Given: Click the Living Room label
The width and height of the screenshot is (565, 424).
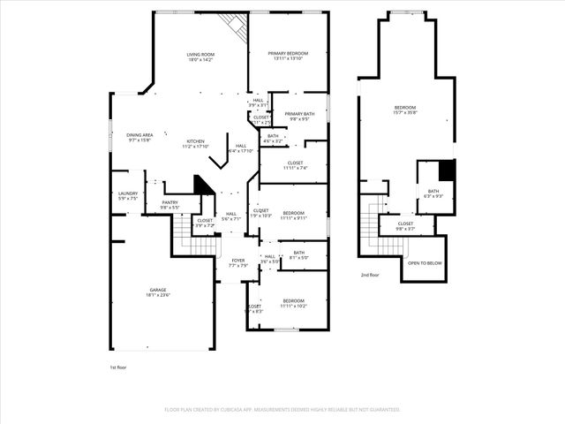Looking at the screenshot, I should click(x=200, y=57).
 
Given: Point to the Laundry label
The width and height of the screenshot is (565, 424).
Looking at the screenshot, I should click(x=128, y=195).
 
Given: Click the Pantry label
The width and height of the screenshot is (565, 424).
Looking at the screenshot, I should click(x=169, y=205).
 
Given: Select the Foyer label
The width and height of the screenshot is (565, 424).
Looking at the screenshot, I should click(x=237, y=262).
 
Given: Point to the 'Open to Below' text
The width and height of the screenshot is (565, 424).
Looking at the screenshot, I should click(x=425, y=263).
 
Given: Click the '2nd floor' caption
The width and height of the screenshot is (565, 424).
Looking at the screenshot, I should click(x=370, y=276).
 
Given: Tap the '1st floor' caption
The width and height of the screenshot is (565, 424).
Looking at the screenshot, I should click(x=118, y=367).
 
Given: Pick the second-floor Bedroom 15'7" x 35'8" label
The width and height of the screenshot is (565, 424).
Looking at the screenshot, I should click(x=405, y=110).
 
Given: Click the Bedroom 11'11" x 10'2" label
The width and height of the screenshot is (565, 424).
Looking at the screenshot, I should click(x=293, y=303).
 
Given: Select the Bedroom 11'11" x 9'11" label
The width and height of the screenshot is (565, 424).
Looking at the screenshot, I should click(x=293, y=215).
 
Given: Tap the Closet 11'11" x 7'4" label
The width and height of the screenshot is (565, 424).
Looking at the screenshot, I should click(x=295, y=165).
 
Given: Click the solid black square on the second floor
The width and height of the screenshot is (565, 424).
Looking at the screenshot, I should click(x=447, y=170).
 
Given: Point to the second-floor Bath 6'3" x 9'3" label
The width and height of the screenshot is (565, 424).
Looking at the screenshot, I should click(x=433, y=193).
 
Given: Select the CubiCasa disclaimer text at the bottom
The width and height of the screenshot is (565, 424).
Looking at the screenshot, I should click(x=282, y=410).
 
